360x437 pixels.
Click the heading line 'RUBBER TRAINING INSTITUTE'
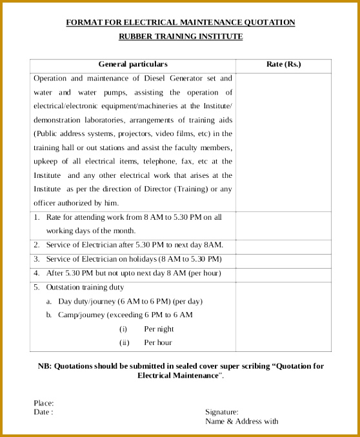click(180, 37)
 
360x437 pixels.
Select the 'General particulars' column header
click(132, 64)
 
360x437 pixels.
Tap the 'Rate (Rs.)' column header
click(283, 64)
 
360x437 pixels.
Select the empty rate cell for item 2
click(283, 245)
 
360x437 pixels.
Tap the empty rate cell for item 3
click(283, 259)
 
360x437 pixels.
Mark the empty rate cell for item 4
click(283, 273)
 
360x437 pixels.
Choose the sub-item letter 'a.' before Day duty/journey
click(49, 301)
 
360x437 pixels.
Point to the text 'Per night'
click(159, 329)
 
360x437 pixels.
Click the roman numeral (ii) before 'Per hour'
click(125, 343)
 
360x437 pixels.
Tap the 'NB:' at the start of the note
click(45, 366)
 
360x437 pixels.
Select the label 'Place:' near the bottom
click(44, 403)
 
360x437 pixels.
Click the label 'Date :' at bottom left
click(43, 412)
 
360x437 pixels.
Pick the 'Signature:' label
click(222, 412)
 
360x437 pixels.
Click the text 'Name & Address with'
click(241, 422)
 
